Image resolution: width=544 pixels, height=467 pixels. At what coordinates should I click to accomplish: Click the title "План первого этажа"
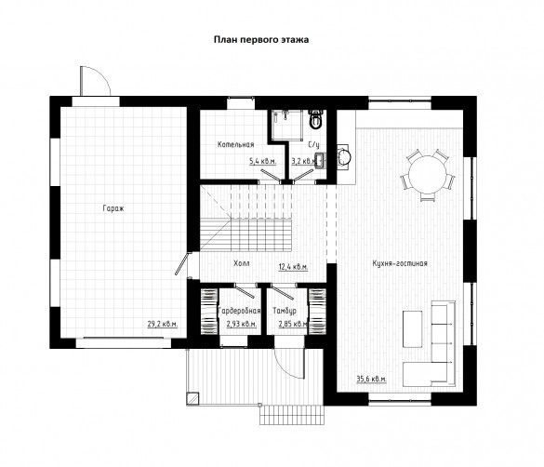click(261, 40)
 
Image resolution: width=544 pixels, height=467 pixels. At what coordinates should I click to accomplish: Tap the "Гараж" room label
click(113, 208)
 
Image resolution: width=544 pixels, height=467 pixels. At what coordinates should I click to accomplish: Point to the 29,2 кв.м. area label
click(163, 324)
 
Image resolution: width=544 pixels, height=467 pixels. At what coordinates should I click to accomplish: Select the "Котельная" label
click(235, 144)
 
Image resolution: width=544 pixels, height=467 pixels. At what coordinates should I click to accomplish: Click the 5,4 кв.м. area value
click(262, 161)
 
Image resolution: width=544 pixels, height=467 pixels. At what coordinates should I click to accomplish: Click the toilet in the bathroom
click(315, 119)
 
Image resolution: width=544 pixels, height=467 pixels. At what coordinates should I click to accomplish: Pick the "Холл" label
click(242, 263)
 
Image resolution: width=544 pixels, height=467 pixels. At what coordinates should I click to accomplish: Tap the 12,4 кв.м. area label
click(293, 267)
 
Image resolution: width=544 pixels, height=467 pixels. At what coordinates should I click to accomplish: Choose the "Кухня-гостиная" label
click(400, 263)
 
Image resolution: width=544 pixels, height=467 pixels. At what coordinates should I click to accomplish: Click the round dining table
click(428, 175)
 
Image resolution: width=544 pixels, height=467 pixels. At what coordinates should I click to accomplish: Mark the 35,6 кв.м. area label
click(371, 379)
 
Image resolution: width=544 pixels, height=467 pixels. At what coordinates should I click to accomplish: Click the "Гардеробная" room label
click(239, 311)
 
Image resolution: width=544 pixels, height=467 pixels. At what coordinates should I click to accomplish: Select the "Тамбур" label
click(285, 311)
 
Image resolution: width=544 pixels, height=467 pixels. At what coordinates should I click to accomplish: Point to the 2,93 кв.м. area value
click(242, 324)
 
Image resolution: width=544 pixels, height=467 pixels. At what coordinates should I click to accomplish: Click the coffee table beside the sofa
click(413, 329)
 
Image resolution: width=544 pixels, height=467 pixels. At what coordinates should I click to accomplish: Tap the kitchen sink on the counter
click(344, 157)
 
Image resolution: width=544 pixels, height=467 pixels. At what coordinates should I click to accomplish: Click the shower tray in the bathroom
click(287, 125)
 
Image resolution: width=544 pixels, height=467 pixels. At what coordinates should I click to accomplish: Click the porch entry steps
click(292, 415)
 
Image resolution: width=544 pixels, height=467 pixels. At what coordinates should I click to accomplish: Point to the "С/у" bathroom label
click(314, 144)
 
